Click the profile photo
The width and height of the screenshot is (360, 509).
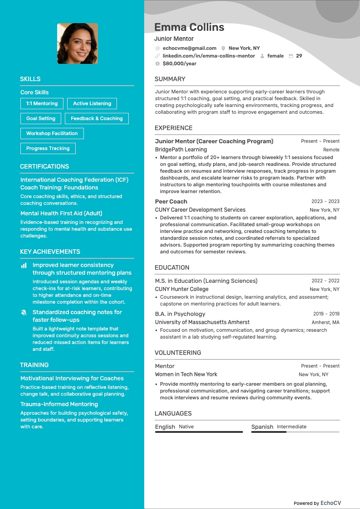78,44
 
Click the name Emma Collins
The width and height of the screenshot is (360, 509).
189,27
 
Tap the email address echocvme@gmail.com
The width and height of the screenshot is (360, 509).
189,48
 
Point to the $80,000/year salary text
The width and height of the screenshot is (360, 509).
180,63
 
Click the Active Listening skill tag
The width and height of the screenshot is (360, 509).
92,103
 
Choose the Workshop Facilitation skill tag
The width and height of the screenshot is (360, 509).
52,133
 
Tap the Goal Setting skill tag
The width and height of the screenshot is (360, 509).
41,118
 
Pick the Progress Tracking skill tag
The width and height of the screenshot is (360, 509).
48,148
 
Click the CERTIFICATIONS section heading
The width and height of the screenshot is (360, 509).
44,166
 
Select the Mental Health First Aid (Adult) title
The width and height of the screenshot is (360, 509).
61,213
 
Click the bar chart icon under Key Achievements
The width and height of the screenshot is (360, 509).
24,265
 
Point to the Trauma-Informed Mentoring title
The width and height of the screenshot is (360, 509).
59,404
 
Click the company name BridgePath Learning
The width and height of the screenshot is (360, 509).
181,150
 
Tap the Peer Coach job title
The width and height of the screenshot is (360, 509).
171,201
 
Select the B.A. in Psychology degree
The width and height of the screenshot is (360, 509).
180,314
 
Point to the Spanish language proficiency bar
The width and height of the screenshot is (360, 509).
295,432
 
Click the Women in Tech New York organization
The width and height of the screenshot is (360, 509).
186,374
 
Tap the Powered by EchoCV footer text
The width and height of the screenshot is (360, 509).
317,503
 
